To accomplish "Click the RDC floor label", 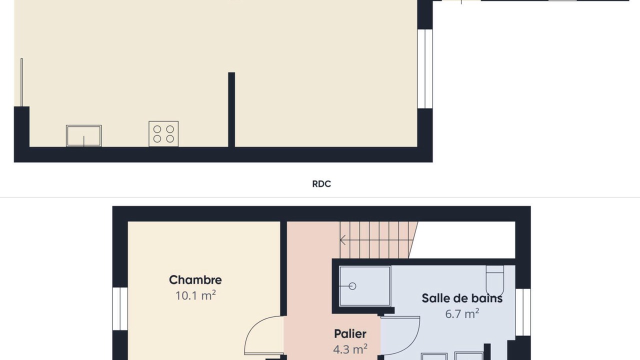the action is (321, 183).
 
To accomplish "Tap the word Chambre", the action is (195, 280).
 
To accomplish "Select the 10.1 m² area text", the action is (195, 295).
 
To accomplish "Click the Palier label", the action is (350, 333).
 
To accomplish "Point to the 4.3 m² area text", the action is (350, 349).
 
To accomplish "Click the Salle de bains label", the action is (462, 298).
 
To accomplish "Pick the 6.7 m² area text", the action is (462, 313).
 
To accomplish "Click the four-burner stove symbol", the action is (163, 133).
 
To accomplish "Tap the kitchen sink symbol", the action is (83, 135).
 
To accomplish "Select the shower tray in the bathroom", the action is (365, 286).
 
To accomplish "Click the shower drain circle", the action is (352, 286).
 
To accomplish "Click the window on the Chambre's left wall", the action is (120, 308).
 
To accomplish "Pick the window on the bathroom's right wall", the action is (523, 312).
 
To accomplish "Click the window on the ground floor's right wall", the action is (425, 68).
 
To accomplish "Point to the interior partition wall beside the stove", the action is (231, 109).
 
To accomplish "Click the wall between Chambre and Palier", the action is (283, 268).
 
